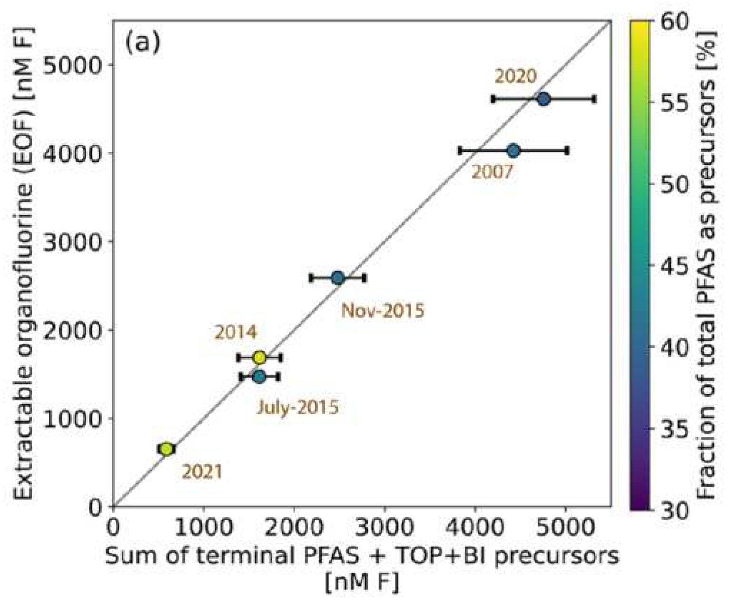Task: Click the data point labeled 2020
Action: pyautogui.click(x=543, y=99)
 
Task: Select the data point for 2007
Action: pyautogui.click(x=513, y=151)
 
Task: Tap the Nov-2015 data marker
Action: pyautogui.click(x=337, y=278)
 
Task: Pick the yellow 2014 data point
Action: pyautogui.click(x=259, y=357)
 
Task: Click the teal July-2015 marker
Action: pyautogui.click(x=259, y=377)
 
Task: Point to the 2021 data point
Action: pyautogui.click(x=166, y=449)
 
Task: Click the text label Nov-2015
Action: pyautogui.click(x=383, y=311)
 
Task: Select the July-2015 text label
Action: pyautogui.click(x=297, y=407)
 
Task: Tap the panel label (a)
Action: pyautogui.click(x=143, y=44)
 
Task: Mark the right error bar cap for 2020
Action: pyautogui.click(x=594, y=99)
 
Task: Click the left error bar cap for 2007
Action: pyautogui.click(x=460, y=151)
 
